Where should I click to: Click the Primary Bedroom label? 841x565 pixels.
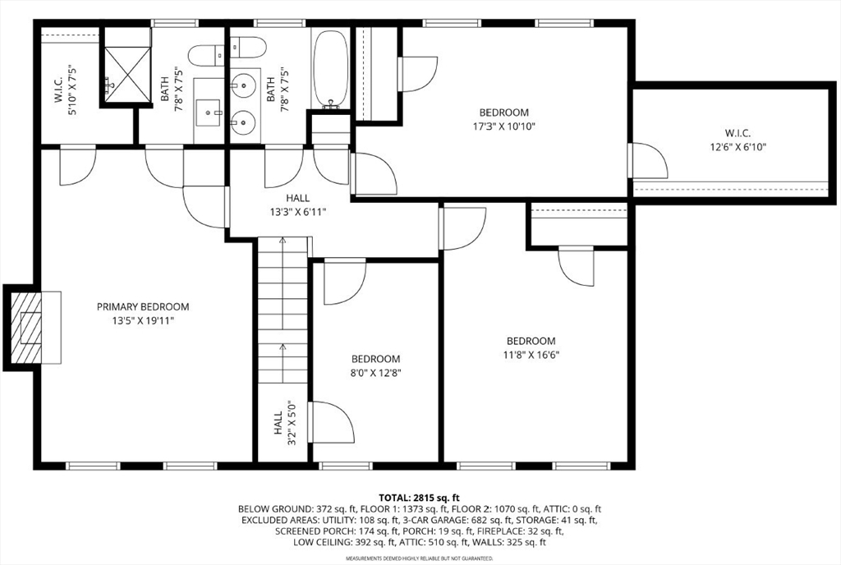[143, 314]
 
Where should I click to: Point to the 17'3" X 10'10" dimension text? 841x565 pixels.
[503, 126]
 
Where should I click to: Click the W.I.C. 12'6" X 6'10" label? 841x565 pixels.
[738, 140]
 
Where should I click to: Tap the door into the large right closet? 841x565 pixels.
[648, 161]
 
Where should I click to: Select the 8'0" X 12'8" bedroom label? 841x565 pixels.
[375, 365]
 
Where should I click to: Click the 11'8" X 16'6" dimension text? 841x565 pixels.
[531, 354]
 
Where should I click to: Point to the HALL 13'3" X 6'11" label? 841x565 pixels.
[297, 204]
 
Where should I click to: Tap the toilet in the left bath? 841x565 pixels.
[206, 54]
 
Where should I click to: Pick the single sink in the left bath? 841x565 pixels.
[209, 112]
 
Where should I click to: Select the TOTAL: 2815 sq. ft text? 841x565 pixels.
[420, 498]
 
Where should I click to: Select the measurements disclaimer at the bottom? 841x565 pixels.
[420, 558]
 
